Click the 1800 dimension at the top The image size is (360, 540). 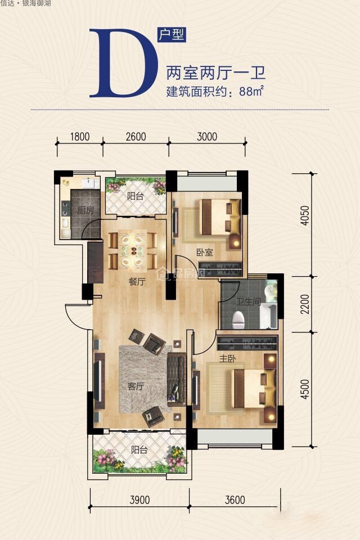point(79,137)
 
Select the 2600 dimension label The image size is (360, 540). point(136,137)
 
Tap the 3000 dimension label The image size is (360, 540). point(207,137)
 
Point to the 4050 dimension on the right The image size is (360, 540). point(305,215)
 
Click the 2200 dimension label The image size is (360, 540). point(305,304)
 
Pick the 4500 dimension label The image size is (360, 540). point(305,389)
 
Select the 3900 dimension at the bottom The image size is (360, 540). point(139,499)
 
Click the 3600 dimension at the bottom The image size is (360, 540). point(235,499)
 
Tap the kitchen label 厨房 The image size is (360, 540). point(85,210)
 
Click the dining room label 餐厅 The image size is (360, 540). point(137,282)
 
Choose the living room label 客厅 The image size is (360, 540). point(136,386)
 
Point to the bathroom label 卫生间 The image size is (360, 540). point(249,301)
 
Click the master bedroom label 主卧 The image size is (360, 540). point(227,358)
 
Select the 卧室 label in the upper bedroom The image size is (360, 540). point(205,253)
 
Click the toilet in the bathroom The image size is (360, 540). point(238,319)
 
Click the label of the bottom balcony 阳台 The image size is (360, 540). point(139,449)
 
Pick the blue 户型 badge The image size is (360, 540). point(172,34)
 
